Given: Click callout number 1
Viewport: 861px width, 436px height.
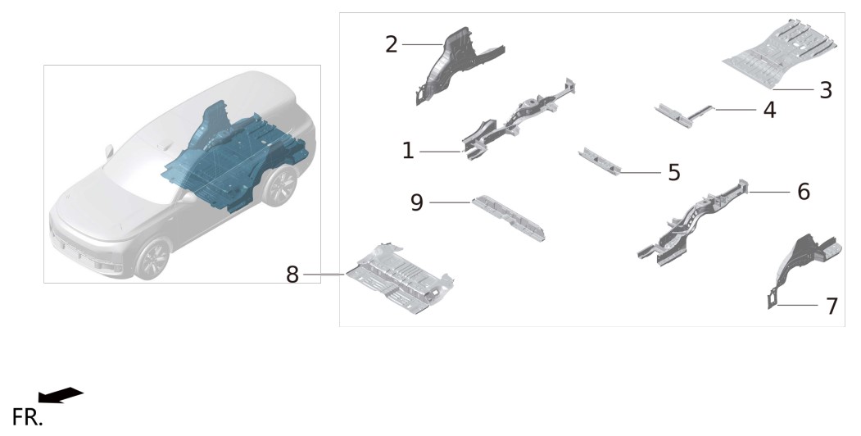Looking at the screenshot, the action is (x=407, y=151).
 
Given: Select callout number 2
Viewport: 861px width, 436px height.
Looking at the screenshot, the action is (x=391, y=44).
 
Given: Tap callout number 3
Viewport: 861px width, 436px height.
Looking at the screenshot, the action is (x=826, y=90).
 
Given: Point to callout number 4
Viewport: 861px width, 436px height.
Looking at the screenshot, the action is (x=770, y=110).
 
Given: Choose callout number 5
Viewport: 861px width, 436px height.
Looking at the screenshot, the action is (x=674, y=172).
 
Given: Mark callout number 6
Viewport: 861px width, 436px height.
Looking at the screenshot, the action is (x=804, y=192).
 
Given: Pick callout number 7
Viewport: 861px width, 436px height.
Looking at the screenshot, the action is (x=832, y=307).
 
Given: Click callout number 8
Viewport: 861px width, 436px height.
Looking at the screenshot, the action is (x=292, y=275).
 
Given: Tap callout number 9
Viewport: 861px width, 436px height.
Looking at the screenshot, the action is (x=417, y=202).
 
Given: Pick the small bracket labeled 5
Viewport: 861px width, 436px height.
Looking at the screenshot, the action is (x=600, y=161).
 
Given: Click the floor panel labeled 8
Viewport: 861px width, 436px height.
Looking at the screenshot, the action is (x=399, y=279).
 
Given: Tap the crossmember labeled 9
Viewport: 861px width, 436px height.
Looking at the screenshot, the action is (x=509, y=217).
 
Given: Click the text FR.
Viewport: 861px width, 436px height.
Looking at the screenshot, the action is (x=27, y=417).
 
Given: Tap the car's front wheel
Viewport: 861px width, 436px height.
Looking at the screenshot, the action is (x=152, y=259).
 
